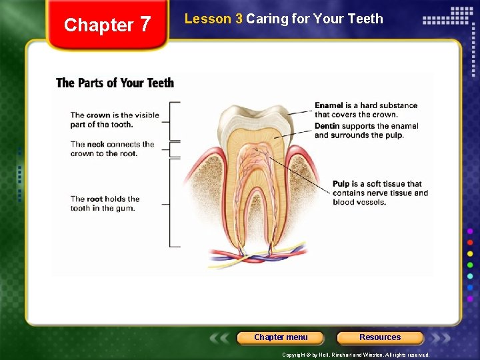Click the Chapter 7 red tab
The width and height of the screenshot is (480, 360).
[107, 25]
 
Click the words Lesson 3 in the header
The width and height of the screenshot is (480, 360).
[213, 19]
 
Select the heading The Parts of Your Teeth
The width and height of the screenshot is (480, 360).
[115, 83]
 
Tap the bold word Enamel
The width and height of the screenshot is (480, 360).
[329, 105]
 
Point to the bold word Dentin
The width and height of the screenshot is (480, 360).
[327, 126]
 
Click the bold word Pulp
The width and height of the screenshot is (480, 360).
[341, 184]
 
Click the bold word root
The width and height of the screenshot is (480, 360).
[95, 199]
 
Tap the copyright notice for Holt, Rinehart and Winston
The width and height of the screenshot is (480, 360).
[356, 355]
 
